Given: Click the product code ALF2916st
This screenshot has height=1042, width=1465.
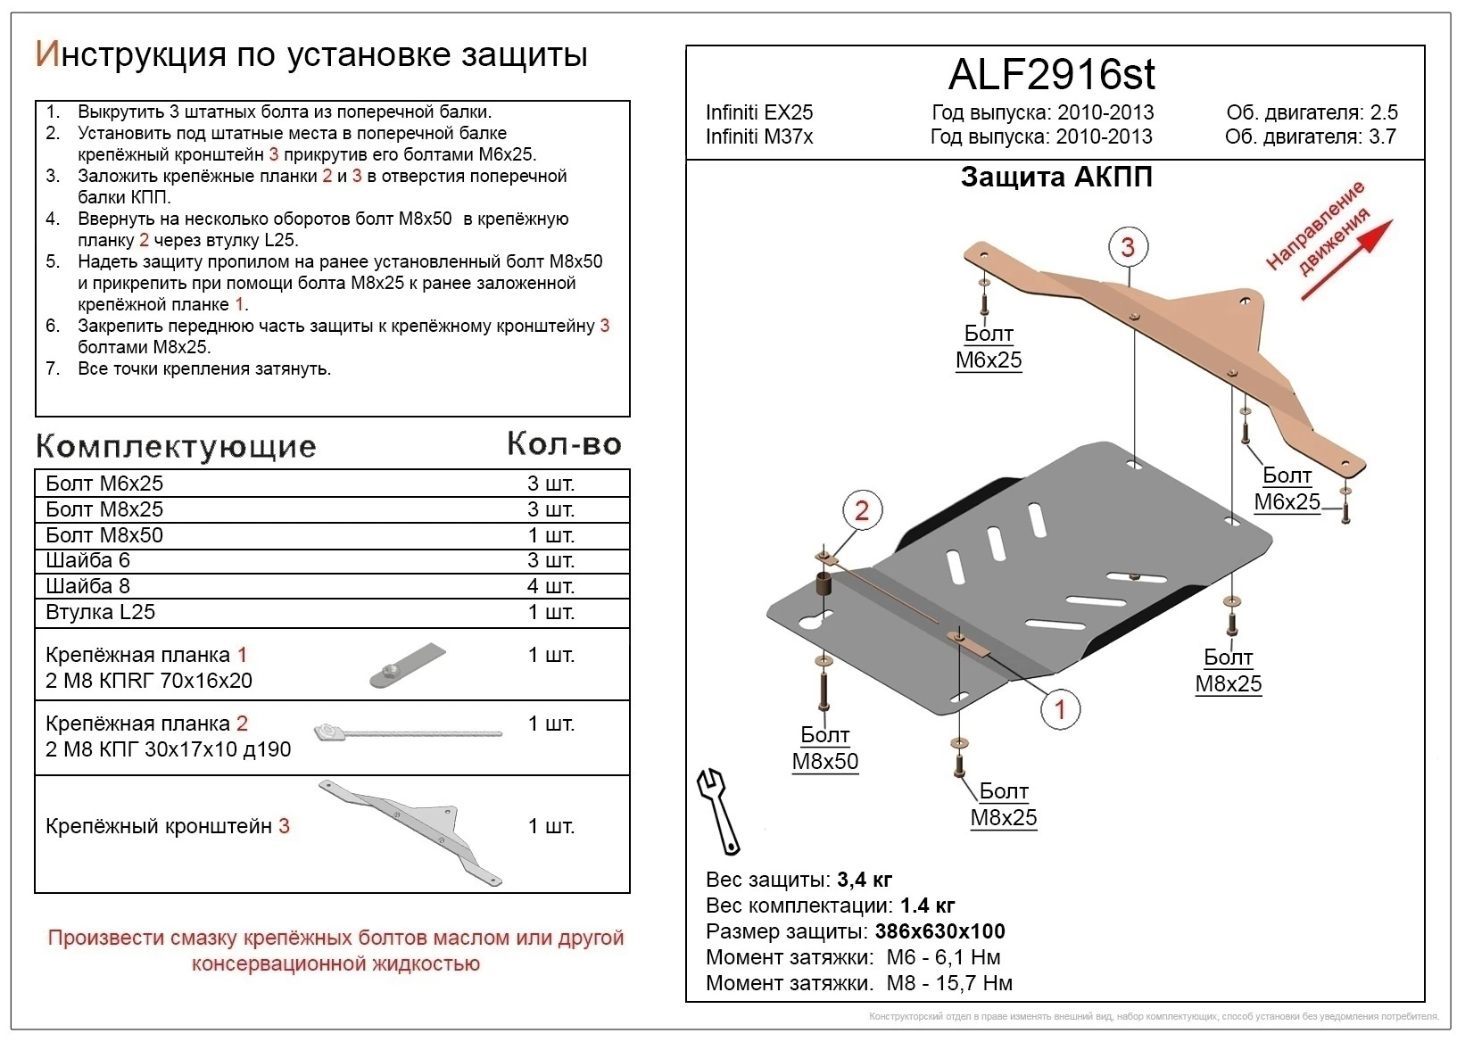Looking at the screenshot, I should click(x=1051, y=75).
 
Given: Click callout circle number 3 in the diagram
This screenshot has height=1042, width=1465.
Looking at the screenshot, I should click(x=1128, y=247).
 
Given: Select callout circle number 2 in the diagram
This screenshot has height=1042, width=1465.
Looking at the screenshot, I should click(x=861, y=510).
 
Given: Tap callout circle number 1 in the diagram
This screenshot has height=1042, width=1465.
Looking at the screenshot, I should click(x=1060, y=710).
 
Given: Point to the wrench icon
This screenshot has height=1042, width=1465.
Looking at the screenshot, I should click(x=718, y=810).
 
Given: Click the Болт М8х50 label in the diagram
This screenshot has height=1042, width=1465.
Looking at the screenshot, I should click(x=824, y=748).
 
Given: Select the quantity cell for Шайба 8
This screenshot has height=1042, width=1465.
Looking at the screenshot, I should click(x=550, y=586).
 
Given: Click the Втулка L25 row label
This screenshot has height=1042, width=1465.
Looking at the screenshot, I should click(x=100, y=612).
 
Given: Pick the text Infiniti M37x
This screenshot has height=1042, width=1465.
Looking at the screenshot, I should click(x=759, y=136).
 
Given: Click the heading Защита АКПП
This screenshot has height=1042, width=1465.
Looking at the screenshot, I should click(x=1056, y=178).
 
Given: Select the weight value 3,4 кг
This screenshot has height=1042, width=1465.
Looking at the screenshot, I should click(x=865, y=880).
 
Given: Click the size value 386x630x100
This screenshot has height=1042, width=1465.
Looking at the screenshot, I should click(x=939, y=931).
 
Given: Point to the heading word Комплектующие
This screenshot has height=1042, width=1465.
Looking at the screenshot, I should click(x=176, y=446).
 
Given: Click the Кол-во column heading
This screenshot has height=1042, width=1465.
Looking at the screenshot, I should click(x=564, y=443).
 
